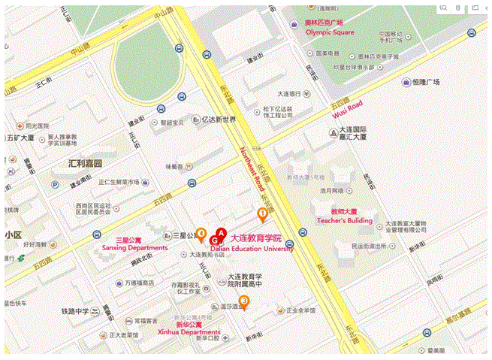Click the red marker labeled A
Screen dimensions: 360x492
coord(221,232)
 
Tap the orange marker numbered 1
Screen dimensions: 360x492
coord(262,214)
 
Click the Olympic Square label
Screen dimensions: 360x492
coord(327,33)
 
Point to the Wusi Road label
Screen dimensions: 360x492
coord(348,109)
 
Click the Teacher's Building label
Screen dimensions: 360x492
coord(344,220)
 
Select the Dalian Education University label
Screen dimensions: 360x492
coord(252,249)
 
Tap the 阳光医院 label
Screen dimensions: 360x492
coord(36,126)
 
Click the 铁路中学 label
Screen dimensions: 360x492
coord(75,311)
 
